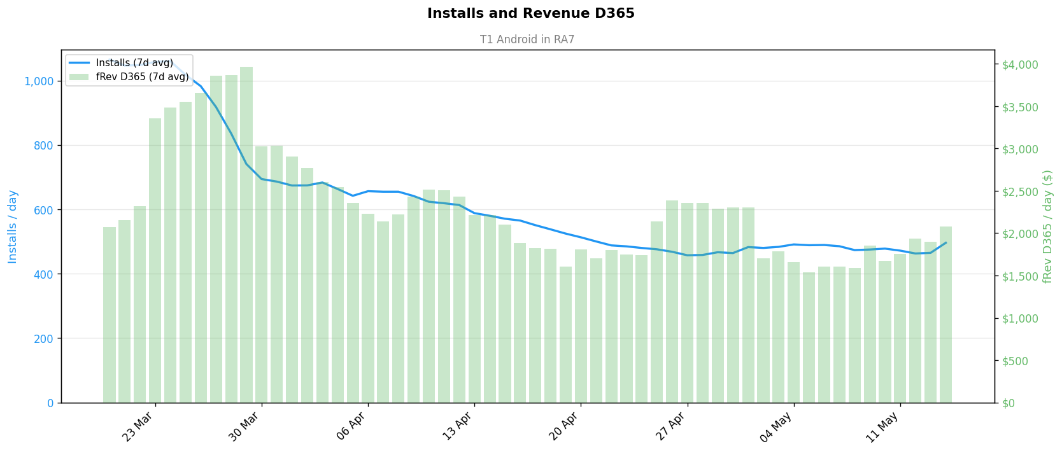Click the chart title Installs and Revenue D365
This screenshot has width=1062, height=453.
(x=530, y=13)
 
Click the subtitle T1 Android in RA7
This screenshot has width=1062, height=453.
(x=527, y=39)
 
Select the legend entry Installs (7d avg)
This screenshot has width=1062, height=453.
(x=134, y=63)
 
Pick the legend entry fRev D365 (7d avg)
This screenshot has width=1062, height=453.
(x=142, y=77)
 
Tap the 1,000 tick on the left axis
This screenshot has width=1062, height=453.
(x=39, y=81)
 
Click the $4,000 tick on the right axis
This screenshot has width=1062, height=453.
(x=1020, y=65)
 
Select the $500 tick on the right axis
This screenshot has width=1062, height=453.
(x=1015, y=361)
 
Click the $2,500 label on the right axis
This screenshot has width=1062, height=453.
(x=1020, y=192)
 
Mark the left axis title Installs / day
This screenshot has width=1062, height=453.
(x=12, y=226)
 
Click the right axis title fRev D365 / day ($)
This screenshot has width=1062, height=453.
(x=1047, y=226)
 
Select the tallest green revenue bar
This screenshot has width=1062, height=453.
(x=246, y=235)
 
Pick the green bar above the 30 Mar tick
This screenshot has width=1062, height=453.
(x=261, y=274)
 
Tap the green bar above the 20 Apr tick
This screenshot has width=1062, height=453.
(x=581, y=326)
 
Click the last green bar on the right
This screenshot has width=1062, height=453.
(x=946, y=315)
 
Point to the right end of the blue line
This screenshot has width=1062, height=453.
(x=946, y=242)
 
